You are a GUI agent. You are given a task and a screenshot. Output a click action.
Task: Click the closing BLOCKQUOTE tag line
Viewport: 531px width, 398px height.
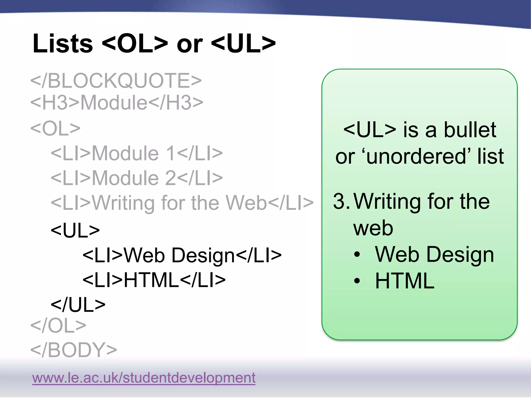click(116, 80)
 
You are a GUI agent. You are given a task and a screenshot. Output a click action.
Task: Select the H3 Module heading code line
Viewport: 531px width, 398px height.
click(117, 102)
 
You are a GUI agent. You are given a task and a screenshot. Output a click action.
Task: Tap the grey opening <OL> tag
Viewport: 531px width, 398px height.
click(55, 128)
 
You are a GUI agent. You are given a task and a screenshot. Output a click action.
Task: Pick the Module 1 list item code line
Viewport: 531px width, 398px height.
click(137, 153)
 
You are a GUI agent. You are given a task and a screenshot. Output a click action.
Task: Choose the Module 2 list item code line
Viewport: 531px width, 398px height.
click(137, 178)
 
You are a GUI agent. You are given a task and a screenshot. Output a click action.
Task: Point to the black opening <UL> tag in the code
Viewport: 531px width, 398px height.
click(75, 230)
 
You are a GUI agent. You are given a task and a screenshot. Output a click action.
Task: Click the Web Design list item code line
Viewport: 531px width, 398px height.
click(182, 255)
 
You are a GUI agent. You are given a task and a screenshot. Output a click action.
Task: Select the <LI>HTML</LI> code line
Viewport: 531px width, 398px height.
click(154, 280)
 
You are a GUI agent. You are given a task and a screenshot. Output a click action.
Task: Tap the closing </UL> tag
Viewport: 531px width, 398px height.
click(78, 305)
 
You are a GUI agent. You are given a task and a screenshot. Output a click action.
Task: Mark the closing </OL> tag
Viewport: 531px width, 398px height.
click(58, 325)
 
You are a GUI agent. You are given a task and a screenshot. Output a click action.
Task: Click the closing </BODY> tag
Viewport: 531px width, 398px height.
click(74, 350)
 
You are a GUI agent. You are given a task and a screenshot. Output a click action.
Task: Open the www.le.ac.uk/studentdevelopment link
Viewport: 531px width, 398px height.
click(144, 378)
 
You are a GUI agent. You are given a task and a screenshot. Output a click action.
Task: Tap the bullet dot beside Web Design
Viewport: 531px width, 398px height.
click(357, 254)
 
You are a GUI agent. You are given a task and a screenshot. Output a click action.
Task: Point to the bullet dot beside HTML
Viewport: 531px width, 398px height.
click(357, 281)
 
